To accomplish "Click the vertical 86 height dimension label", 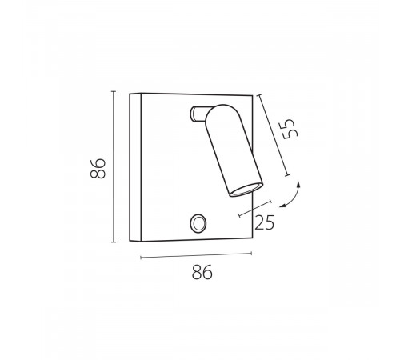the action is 98,169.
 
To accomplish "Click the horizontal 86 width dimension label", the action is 202,272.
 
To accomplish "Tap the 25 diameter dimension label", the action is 265,222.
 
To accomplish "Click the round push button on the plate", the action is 198,223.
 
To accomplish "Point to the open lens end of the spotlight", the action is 246,190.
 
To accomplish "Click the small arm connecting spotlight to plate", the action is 199,114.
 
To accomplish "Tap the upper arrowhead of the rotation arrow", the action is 298,184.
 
